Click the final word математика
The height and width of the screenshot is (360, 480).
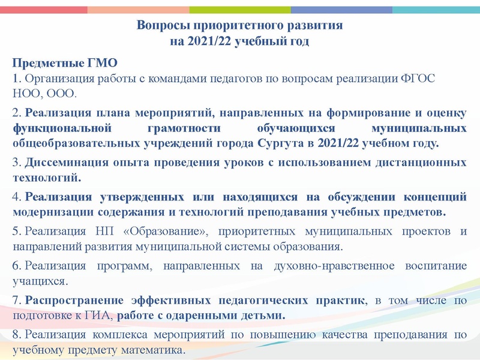coord(154,349)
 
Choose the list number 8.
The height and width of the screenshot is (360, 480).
coord(16,334)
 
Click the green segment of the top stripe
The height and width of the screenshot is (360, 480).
coord(240,10)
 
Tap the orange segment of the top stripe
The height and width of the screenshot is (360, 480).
coord(138,10)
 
